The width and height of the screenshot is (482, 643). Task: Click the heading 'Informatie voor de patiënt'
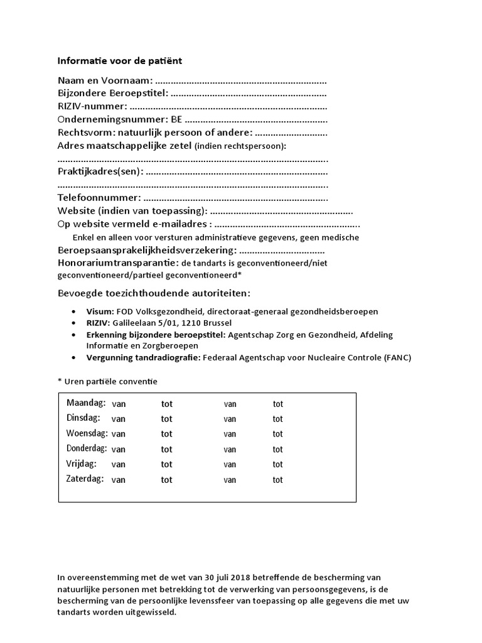(x=120, y=61)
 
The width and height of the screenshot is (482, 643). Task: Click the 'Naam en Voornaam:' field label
(x=105, y=81)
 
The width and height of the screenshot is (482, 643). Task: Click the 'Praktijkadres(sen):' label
(x=100, y=171)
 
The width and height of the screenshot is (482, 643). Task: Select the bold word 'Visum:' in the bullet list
(x=100, y=311)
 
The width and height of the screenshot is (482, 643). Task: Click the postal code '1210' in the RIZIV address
(x=191, y=323)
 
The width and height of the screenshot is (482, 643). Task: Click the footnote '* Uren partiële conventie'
(x=107, y=381)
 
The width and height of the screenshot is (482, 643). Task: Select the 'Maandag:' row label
(x=86, y=403)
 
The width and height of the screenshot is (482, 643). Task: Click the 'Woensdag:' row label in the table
(x=87, y=433)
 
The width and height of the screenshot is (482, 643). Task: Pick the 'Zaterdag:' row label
(x=86, y=479)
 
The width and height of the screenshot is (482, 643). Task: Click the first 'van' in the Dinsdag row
(x=119, y=419)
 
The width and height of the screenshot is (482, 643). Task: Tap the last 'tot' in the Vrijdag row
(x=278, y=465)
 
